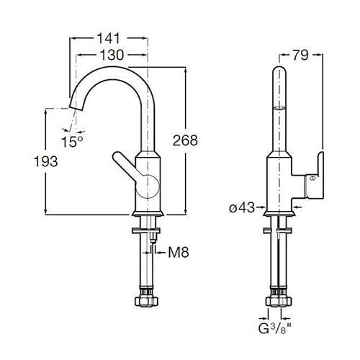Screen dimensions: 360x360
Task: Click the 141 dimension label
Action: coord(108,38)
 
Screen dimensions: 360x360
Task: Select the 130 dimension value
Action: coord(112,55)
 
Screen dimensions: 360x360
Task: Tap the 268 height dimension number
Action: coord(185,140)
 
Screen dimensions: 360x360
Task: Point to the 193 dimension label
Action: coord(45,161)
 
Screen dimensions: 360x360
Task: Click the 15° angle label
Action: coord(72,141)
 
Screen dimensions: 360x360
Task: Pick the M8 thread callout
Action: coord(179,253)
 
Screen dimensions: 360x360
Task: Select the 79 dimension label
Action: coord(300,55)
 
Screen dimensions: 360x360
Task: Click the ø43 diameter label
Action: coord(242,207)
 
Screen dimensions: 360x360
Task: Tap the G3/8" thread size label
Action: coord(275,328)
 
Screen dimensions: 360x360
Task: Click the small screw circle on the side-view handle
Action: coord(312,179)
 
